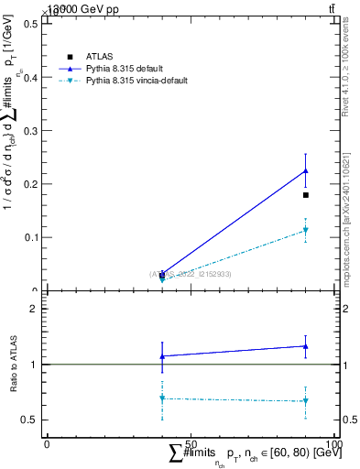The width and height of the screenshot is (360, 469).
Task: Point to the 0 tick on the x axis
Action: [x=47, y=444]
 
